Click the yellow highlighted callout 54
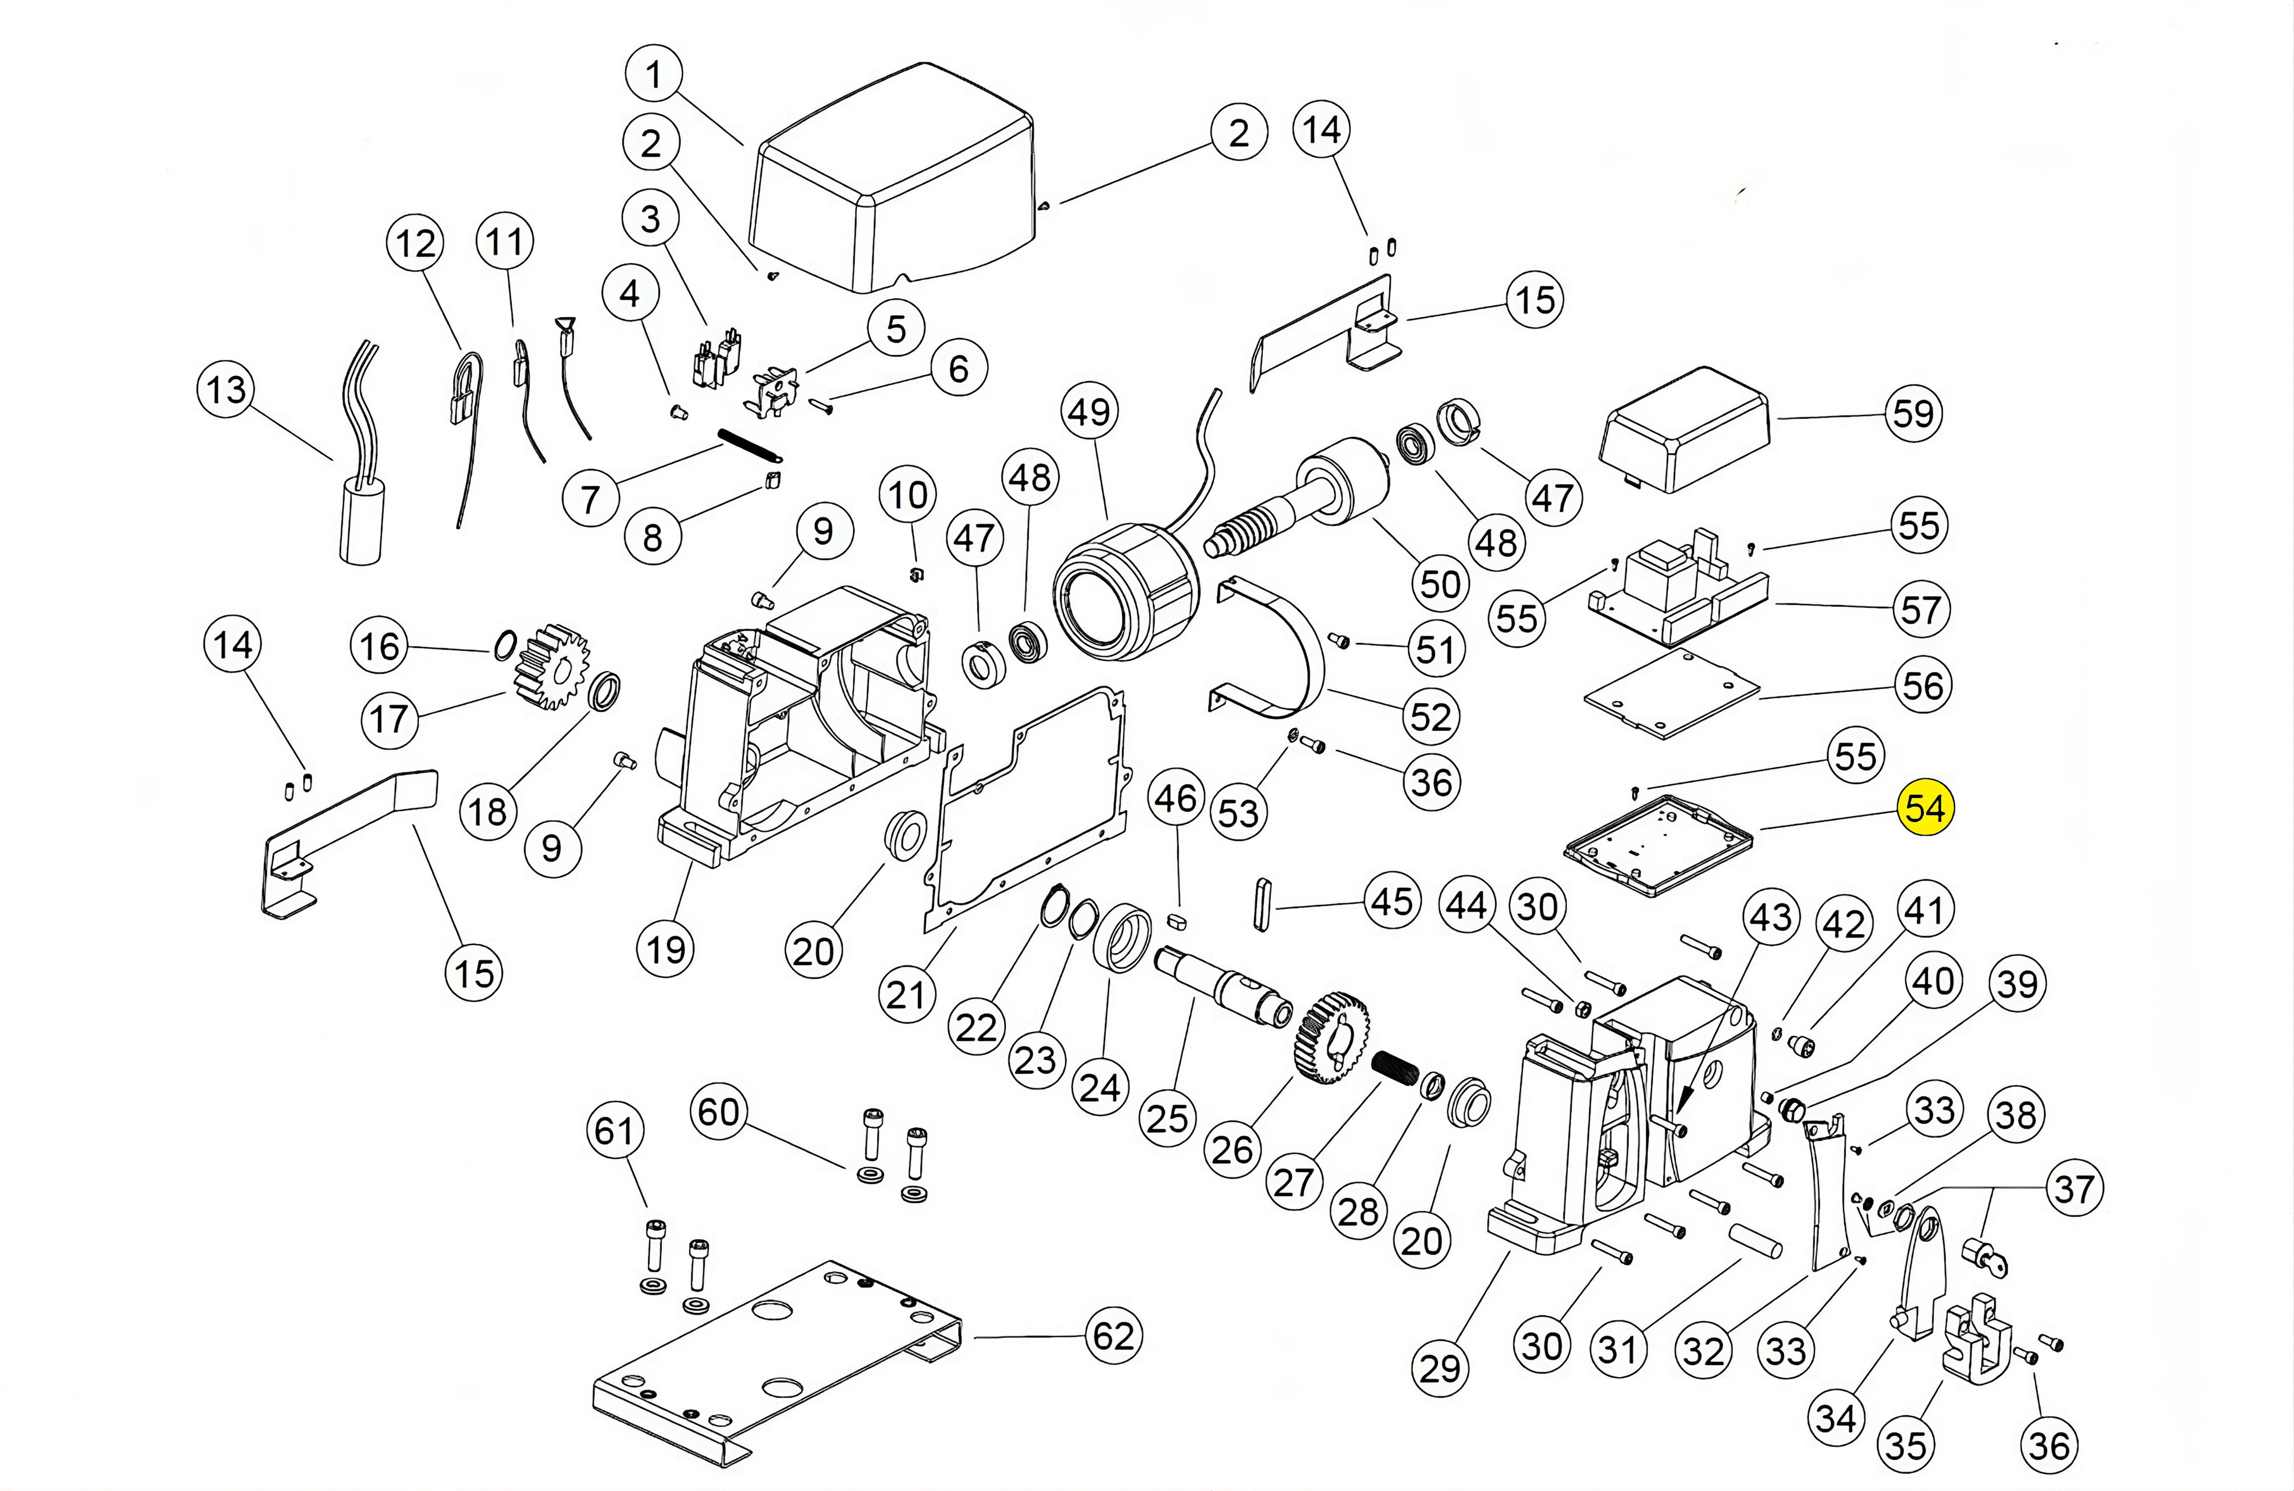click(x=1925, y=808)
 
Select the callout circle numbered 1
click(x=654, y=73)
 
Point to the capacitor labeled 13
click(x=362, y=521)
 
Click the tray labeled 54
click(x=1658, y=843)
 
